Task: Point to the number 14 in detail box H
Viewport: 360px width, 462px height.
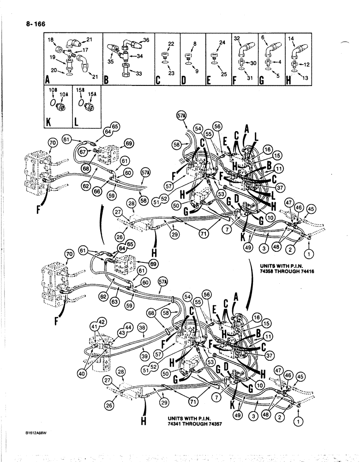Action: tap(291, 40)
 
